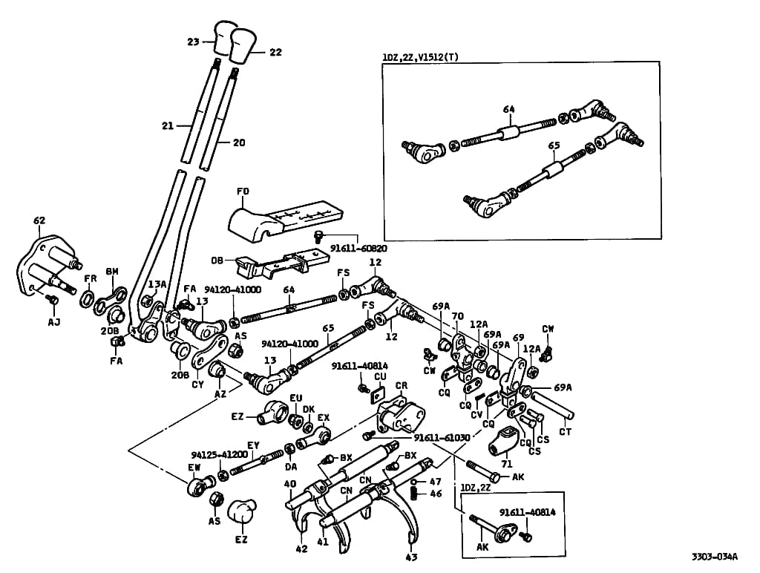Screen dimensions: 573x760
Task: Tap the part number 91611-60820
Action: click(358, 247)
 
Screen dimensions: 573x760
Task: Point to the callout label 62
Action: click(39, 220)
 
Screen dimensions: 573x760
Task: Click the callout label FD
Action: click(243, 191)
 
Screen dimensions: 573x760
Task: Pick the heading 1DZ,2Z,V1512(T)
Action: click(420, 56)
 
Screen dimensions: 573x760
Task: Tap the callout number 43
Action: click(411, 557)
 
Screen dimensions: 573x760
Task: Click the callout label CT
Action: click(565, 431)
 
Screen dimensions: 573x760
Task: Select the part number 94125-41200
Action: click(219, 454)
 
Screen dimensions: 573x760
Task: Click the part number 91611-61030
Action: click(442, 438)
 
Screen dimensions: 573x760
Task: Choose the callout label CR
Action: click(402, 387)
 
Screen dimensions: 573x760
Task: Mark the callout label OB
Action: click(217, 261)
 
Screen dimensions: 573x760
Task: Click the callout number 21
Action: click(167, 126)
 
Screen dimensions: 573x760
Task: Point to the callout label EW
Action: click(194, 468)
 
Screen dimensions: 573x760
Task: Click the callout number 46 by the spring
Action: click(436, 494)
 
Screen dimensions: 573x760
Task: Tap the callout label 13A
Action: click(157, 284)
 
